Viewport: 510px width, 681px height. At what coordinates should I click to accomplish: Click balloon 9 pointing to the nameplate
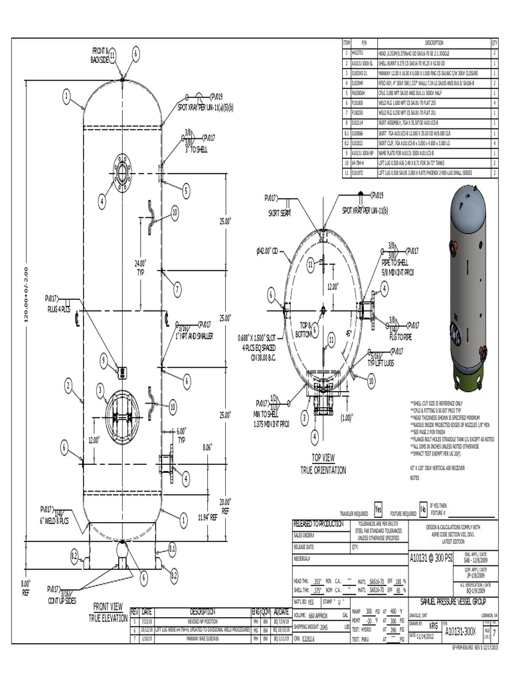pyautogui.click(x=104, y=360)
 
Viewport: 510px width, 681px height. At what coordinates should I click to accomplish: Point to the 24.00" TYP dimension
pyautogui.click(x=140, y=267)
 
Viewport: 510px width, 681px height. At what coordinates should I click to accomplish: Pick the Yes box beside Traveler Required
pyautogui.click(x=379, y=509)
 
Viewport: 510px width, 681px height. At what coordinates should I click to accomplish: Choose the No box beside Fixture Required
pyautogui.click(x=422, y=509)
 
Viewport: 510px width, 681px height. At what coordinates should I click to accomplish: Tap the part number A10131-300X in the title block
pyautogui.click(x=460, y=630)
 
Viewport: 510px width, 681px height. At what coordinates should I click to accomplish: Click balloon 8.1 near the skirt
pyautogui.click(x=172, y=549)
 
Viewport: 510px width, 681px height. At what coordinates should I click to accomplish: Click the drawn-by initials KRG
pyautogui.click(x=433, y=626)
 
